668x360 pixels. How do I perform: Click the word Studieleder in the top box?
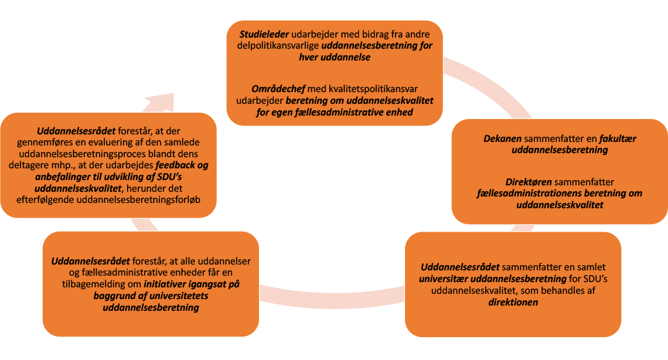tap(264, 34)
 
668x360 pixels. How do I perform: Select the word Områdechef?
tap(278, 89)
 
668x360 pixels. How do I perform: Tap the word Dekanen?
tap(502, 138)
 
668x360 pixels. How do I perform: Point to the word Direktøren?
tap(529, 182)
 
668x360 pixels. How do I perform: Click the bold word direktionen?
tap(513, 302)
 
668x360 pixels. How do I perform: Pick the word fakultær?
tap(618, 138)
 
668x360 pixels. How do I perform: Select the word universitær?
tap(443, 279)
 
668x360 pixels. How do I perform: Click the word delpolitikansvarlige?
tap(278, 46)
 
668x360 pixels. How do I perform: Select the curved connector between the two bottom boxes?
tap(332, 297)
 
